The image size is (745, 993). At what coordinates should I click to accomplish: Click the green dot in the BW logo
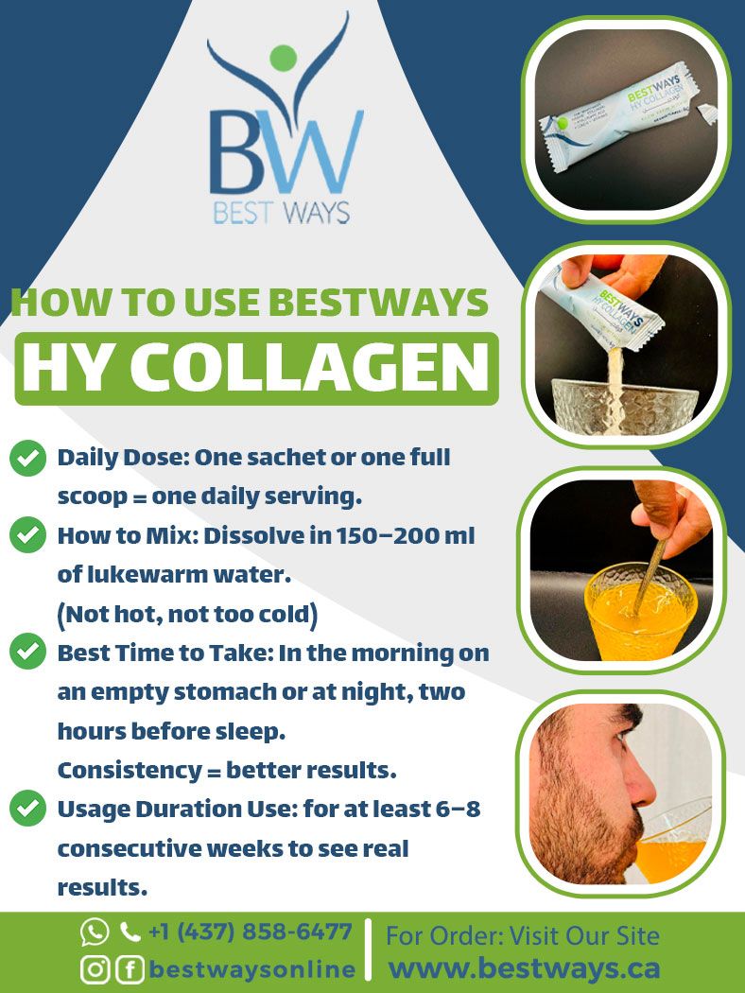(283, 58)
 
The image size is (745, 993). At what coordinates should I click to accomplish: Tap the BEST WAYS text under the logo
(282, 211)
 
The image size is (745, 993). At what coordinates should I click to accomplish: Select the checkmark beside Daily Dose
(28, 459)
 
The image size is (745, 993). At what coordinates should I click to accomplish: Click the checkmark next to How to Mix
(28, 536)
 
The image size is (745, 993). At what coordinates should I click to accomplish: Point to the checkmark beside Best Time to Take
(28, 653)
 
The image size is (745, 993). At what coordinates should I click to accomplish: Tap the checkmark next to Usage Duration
(28, 809)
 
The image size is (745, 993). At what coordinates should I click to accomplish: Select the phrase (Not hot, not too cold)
(187, 615)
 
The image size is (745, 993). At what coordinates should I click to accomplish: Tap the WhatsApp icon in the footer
(95, 932)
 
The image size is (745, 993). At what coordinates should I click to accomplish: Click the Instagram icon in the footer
(95, 969)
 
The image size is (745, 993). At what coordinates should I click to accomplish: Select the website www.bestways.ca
(525, 968)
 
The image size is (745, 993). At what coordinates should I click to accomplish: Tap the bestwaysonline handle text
(251, 969)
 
